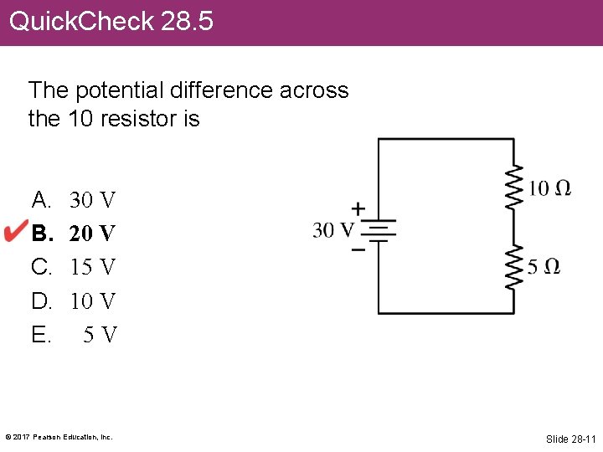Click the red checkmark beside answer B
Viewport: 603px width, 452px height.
tap(16, 232)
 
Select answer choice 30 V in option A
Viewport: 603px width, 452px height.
tap(92, 200)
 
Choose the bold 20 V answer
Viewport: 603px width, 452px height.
tap(92, 234)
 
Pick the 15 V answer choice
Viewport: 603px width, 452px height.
tap(92, 267)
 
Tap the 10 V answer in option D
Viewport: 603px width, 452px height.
tap(92, 300)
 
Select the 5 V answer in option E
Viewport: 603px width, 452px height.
tap(100, 335)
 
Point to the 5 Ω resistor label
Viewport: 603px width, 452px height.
tap(544, 267)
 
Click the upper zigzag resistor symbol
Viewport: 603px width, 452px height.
tap(513, 186)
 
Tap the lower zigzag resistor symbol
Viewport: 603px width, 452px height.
tap(513, 266)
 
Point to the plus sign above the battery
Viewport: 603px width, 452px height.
tap(358, 208)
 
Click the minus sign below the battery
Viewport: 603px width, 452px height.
tap(358, 249)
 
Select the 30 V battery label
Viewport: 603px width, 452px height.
tap(333, 229)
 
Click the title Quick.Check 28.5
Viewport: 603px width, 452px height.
tap(111, 21)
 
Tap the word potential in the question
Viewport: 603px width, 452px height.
tap(115, 90)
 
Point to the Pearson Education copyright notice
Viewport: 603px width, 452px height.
tap(59, 437)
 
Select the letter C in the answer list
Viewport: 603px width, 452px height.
tap(40, 267)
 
